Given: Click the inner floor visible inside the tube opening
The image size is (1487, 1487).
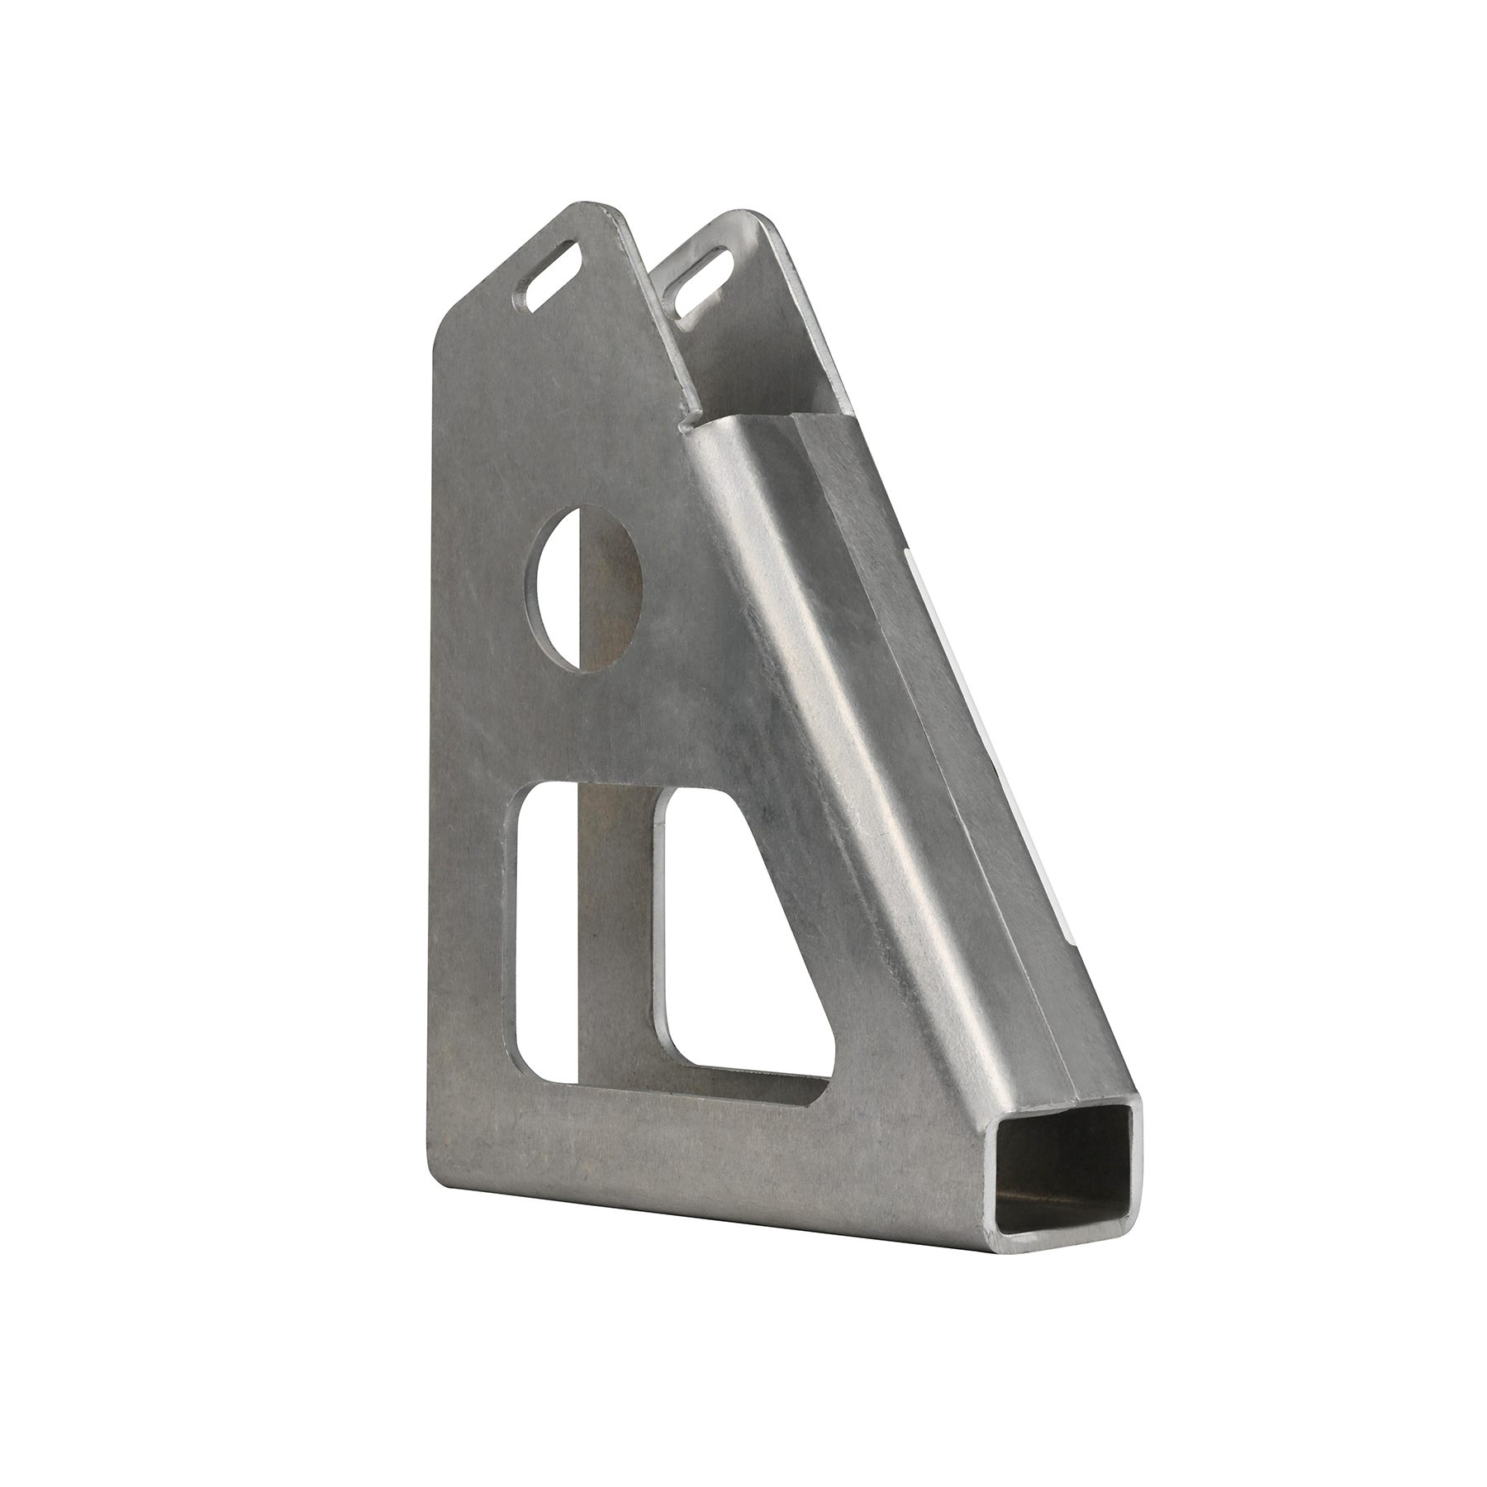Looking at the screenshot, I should pos(1049,1223).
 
